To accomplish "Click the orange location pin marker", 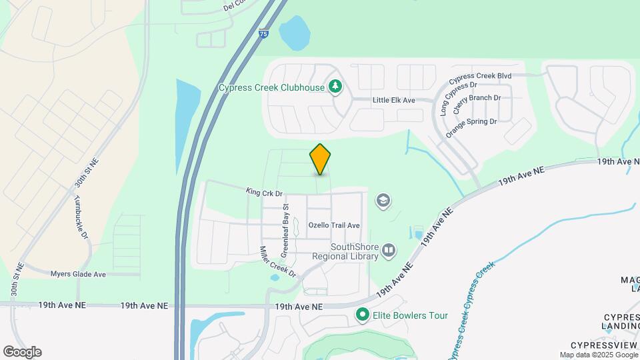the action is (x=320, y=159).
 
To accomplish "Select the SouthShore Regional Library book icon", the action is (x=389, y=251).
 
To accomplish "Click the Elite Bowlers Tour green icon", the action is (x=363, y=314).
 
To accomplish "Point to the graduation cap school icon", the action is (x=383, y=200).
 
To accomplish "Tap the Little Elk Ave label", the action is (x=393, y=100).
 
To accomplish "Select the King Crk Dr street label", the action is (x=264, y=193).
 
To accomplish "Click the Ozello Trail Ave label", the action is (x=334, y=225).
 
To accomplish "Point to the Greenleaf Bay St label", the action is (x=285, y=237).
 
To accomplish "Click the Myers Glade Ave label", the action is (x=78, y=274).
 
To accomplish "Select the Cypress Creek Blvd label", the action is (x=484, y=76).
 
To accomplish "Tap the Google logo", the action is (x=22, y=351).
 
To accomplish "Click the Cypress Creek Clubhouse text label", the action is (x=271, y=87).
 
